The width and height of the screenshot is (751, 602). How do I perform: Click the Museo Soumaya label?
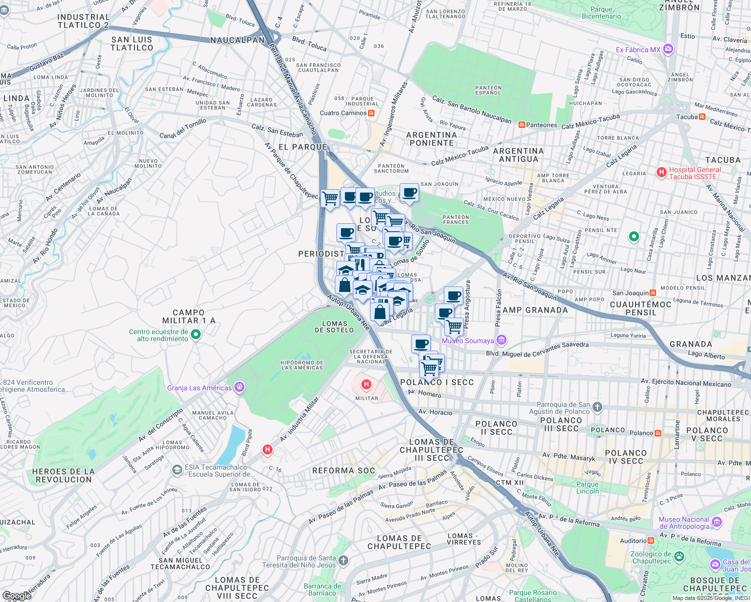click(x=467, y=341)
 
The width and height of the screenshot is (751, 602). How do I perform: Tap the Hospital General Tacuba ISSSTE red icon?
click(x=662, y=173)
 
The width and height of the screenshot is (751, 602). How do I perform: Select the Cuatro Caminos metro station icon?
click(x=371, y=113)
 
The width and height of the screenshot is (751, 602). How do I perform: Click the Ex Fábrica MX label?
click(x=638, y=50)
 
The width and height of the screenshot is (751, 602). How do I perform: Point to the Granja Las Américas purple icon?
click(x=240, y=387)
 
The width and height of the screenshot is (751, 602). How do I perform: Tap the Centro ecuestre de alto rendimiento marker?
click(x=196, y=335)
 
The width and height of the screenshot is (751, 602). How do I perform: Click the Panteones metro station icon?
click(x=522, y=125)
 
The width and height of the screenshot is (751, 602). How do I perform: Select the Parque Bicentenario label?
click(x=601, y=13)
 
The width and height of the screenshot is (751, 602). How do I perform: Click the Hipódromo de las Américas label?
click(x=302, y=365)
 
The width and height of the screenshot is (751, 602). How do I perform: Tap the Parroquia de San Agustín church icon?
click(x=597, y=407)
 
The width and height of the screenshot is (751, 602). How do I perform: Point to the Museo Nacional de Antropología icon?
click(x=716, y=523)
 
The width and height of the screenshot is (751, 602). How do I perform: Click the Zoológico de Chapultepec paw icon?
click(x=679, y=556)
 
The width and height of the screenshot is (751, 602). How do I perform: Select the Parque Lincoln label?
click(x=587, y=488)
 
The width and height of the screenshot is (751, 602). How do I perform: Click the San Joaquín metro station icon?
click(x=653, y=293)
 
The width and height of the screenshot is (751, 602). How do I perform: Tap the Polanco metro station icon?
click(x=658, y=433)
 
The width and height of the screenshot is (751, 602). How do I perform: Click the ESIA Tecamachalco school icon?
click(x=177, y=470)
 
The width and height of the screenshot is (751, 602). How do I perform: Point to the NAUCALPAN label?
click(x=237, y=40)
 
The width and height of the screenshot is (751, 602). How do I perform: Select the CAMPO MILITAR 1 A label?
click(x=189, y=317)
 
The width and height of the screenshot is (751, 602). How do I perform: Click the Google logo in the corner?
click(x=16, y=596)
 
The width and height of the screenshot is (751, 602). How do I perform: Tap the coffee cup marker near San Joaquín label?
click(x=409, y=193)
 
